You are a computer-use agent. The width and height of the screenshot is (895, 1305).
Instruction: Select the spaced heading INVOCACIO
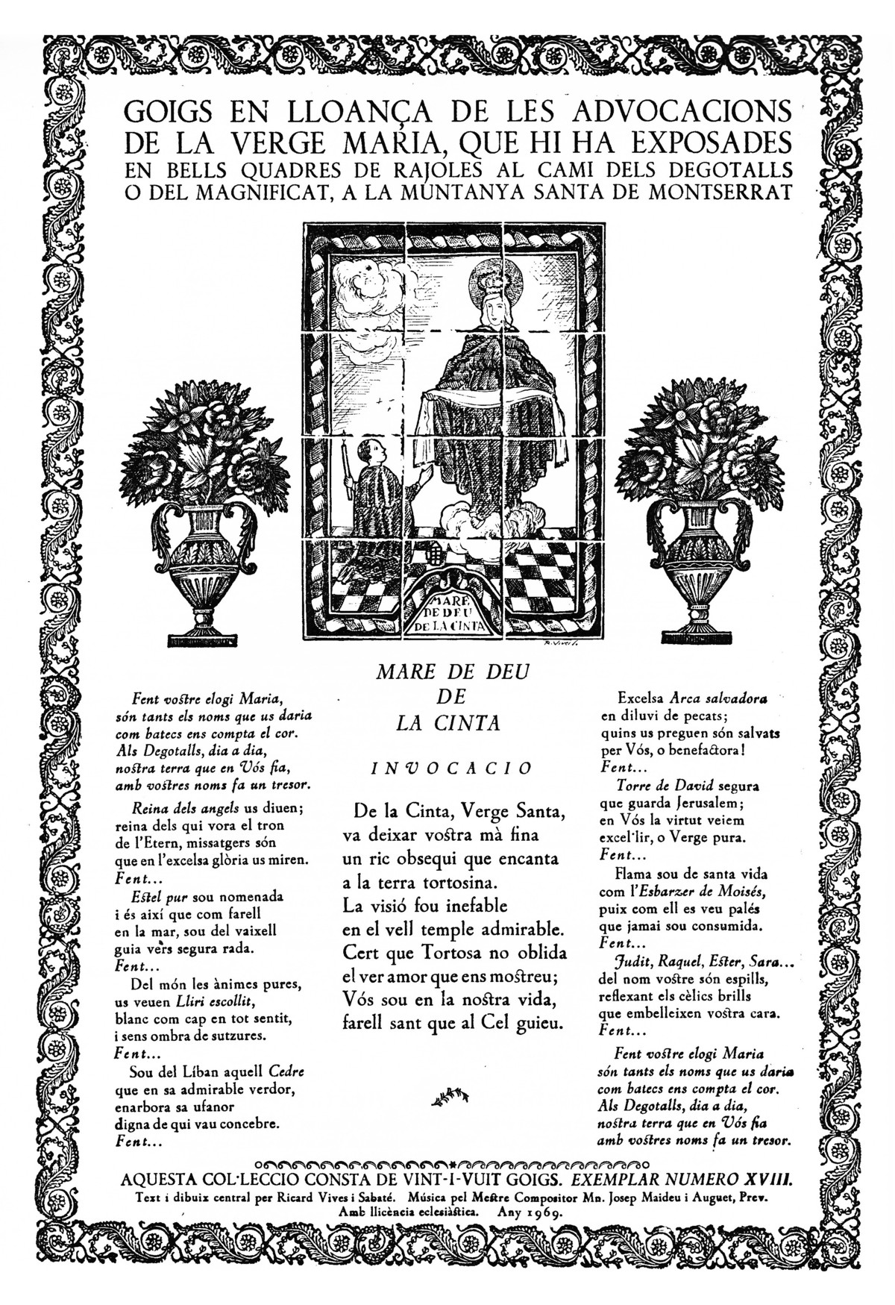(452, 769)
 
